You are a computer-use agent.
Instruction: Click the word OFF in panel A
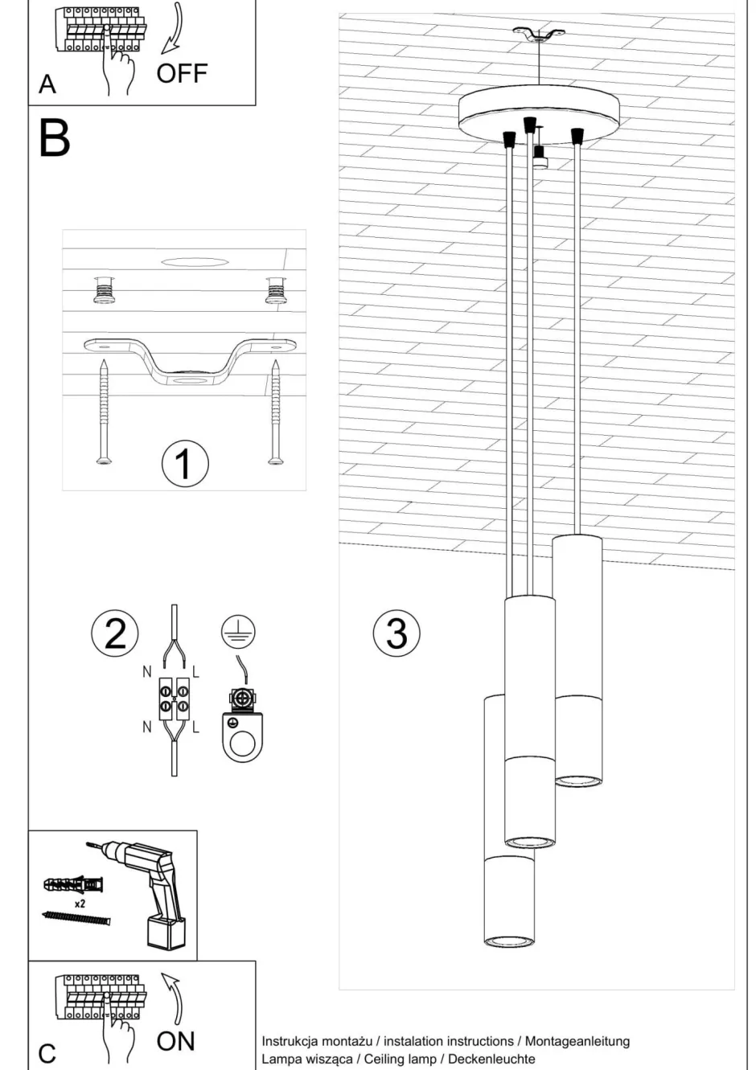point(182,73)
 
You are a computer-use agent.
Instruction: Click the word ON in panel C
point(175,1041)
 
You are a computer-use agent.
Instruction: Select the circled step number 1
point(184,464)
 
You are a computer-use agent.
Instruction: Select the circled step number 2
point(115,633)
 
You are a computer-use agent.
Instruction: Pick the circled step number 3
point(396,633)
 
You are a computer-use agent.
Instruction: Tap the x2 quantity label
point(80,903)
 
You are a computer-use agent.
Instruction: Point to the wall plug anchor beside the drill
point(73,885)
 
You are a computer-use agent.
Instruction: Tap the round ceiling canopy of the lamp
point(538,115)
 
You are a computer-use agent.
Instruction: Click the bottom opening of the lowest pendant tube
point(508,940)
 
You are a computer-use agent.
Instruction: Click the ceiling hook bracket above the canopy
point(538,35)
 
